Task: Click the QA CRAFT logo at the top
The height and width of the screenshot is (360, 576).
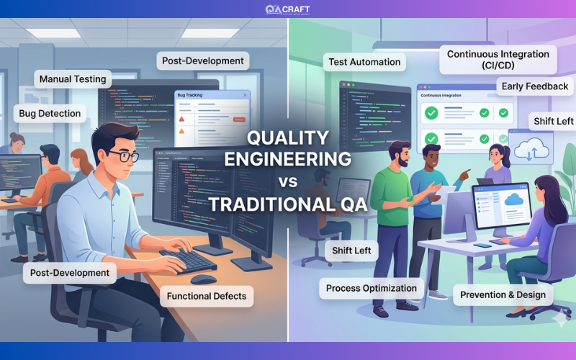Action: (x=287, y=9)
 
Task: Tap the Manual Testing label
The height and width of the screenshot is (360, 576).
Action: (x=72, y=79)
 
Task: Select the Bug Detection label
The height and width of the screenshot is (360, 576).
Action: (x=50, y=114)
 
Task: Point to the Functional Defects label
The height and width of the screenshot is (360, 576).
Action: (x=207, y=296)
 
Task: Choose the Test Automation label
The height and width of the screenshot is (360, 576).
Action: (x=364, y=62)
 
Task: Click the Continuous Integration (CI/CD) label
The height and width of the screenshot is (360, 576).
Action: (x=498, y=60)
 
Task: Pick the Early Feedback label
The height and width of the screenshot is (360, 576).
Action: (x=535, y=86)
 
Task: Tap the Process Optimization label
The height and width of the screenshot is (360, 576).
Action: (x=371, y=289)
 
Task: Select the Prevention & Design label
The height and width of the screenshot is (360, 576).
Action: (x=503, y=294)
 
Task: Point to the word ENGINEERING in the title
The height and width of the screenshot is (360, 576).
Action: (x=288, y=158)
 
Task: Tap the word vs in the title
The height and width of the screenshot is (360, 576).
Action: (x=288, y=181)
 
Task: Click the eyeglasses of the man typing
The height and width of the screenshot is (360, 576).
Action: (x=125, y=155)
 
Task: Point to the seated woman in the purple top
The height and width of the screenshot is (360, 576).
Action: (x=536, y=230)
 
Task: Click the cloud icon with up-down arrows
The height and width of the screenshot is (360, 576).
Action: (x=531, y=150)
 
